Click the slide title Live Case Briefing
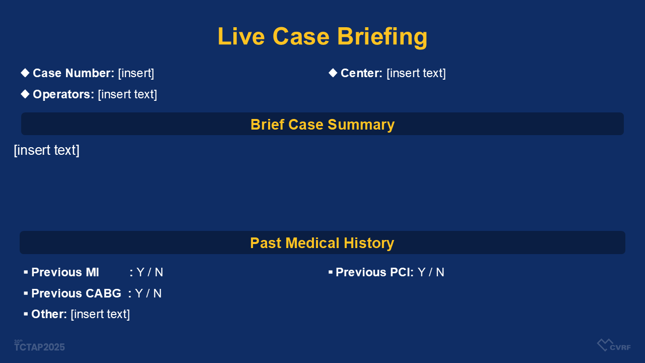tap(322, 37)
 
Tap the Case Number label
tap(74, 73)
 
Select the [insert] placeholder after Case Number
tap(136, 73)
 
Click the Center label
tap(361, 73)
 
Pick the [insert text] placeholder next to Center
tap(416, 73)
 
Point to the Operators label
tap(63, 94)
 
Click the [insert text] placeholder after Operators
tap(127, 94)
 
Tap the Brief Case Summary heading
tap(322, 125)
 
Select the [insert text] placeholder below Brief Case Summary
tap(47, 150)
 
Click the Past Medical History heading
tap(322, 243)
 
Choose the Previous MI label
tap(65, 272)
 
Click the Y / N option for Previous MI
tap(150, 272)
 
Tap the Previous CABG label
tap(76, 293)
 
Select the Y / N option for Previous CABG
tap(148, 293)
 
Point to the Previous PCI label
tap(374, 272)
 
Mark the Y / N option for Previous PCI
tap(431, 272)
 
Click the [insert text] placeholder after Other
tap(100, 314)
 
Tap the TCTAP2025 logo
tap(39, 346)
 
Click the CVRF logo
tap(614, 345)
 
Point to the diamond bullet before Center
tap(333, 73)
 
